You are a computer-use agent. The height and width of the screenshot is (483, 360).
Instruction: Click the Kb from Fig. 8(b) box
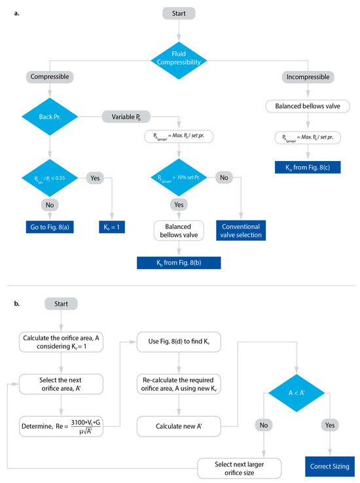(x=179, y=262)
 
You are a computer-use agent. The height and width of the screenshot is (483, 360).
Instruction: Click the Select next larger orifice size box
(x=240, y=467)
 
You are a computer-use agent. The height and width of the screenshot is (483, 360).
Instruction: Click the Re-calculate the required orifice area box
(x=178, y=385)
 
